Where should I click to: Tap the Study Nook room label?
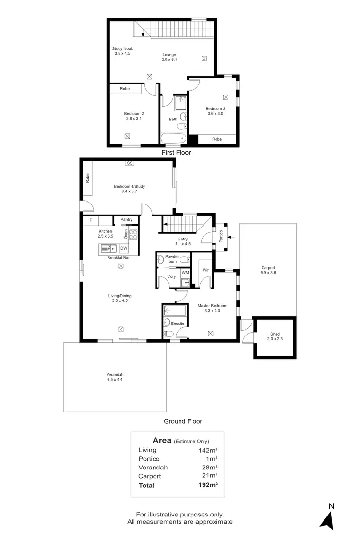122,51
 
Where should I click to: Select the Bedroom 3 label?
216,111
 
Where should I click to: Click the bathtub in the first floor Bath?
173,138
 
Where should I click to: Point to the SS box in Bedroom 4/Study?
129,163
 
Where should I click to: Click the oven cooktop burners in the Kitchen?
133,235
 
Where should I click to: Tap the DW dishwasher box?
123,248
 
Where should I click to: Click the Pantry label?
126,220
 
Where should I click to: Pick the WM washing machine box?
185,273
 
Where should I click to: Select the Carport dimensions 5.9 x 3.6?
268,273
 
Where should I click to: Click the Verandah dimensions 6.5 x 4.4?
115,380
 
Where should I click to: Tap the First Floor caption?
176,153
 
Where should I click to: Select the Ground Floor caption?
183,421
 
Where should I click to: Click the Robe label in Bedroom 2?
125,89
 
